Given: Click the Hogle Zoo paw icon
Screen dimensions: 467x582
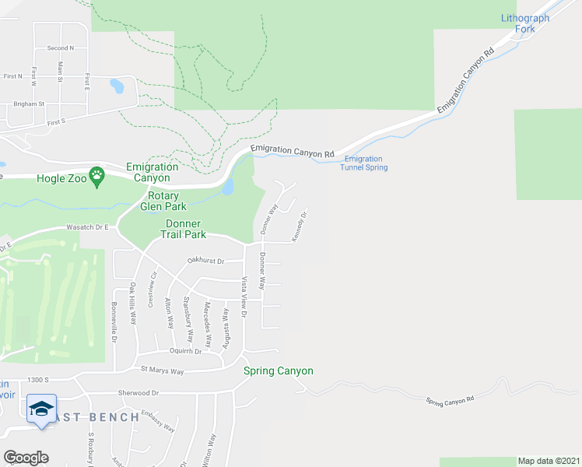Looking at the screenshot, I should tap(97, 177).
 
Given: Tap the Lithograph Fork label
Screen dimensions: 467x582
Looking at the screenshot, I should tap(525, 23).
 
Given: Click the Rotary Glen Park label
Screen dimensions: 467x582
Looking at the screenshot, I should tap(160, 201).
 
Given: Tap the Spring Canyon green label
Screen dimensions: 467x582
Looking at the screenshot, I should tap(279, 370).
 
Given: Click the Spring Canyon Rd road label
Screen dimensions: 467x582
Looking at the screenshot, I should tap(450, 400).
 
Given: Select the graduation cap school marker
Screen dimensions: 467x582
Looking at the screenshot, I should tap(41, 409).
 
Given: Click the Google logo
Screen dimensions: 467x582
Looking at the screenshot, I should tap(26, 457).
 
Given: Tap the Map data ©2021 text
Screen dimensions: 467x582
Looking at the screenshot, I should tap(548, 461).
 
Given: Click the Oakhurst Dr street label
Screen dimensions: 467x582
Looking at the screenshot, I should tap(205, 262).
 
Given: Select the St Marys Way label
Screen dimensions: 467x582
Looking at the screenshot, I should tap(162, 371).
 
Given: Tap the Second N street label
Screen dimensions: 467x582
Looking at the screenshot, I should tap(61, 48).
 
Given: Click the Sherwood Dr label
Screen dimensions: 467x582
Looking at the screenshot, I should tap(138, 394).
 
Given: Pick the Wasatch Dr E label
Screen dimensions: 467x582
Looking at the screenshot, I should tap(84, 228).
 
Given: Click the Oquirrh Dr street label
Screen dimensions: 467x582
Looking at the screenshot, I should tap(186, 351).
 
